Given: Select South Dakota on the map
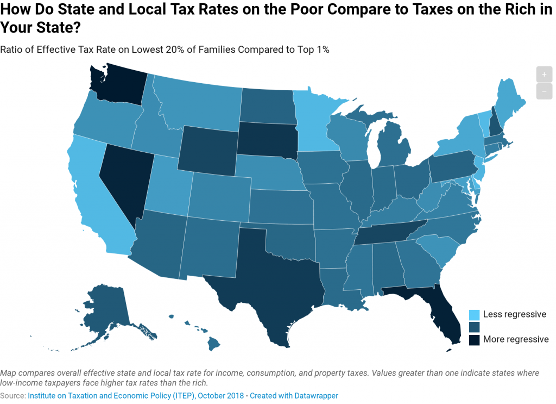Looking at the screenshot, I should coord(266,141).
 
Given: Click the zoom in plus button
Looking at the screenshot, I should coord(544,74).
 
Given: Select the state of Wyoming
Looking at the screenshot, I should coord(209,150).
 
